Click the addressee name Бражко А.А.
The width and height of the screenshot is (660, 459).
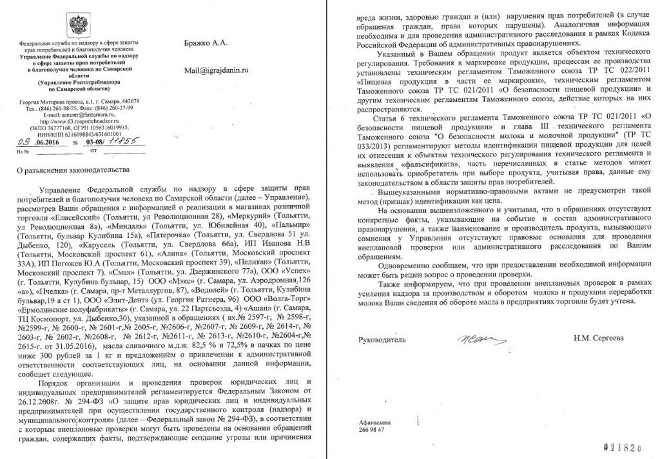(x=206, y=43)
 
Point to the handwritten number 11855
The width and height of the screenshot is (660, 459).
(x=127, y=141)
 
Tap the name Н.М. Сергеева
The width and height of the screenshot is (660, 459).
(x=597, y=338)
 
